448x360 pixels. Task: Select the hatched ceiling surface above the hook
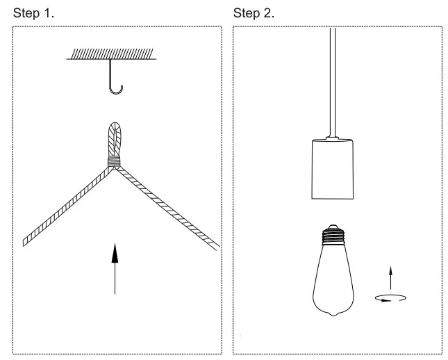pos(111,54)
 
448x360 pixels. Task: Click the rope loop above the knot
pos(115,138)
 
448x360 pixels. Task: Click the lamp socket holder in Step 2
pos(332,169)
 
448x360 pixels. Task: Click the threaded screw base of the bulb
pos(333,236)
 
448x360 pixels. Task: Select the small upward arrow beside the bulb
pos(390,277)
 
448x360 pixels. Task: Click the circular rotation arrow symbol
pos(390,298)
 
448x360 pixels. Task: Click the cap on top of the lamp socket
pos(332,137)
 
